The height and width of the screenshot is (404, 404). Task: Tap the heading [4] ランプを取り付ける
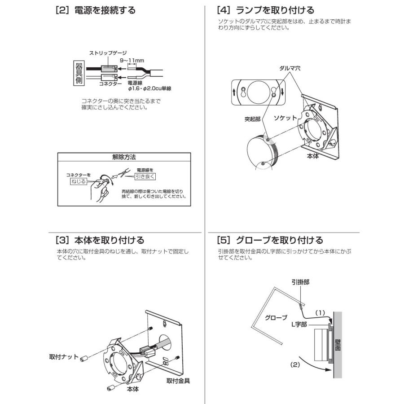pyautogui.click(x=265, y=9)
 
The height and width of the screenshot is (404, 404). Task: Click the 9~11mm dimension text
pyautogui.click(x=132, y=60)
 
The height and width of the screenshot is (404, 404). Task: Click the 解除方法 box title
pyautogui.click(x=124, y=158)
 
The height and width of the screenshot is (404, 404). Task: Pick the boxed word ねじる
pyautogui.click(x=77, y=181)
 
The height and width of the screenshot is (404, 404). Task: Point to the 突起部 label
pyautogui.click(x=253, y=120)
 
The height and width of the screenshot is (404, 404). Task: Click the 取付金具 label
pyautogui.click(x=178, y=381)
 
